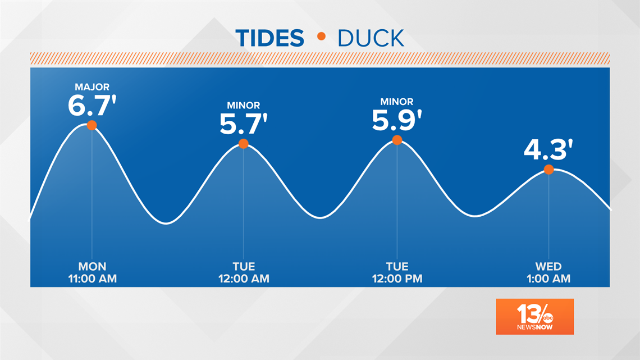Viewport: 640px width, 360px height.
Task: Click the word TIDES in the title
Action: (x=270, y=38)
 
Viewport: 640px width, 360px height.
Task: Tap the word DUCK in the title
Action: (x=371, y=38)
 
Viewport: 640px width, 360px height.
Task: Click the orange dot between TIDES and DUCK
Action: (x=321, y=37)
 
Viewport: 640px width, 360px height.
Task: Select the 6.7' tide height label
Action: (x=92, y=106)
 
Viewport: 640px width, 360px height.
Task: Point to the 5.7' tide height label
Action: (x=244, y=124)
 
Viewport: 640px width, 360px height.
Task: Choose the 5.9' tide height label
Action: (x=397, y=120)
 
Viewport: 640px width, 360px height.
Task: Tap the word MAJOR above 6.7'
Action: (x=92, y=87)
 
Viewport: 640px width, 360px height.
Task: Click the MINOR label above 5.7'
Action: (x=244, y=106)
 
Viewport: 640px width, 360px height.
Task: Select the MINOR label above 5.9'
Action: (x=397, y=102)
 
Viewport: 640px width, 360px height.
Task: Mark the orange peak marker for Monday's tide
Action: (x=92, y=125)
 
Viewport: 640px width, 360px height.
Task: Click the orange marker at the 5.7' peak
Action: (x=243, y=144)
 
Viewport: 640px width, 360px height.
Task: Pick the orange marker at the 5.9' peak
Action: (x=397, y=140)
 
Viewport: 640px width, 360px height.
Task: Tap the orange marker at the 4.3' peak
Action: (x=548, y=170)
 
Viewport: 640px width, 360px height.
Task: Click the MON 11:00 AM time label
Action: (x=92, y=272)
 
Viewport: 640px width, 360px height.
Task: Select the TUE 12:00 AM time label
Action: (x=244, y=272)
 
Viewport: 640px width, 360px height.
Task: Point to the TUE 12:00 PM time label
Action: (x=397, y=272)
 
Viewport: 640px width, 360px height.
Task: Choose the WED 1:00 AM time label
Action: (x=548, y=272)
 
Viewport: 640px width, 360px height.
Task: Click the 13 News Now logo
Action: (x=534, y=317)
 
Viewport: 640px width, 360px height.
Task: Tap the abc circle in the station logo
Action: (x=547, y=318)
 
